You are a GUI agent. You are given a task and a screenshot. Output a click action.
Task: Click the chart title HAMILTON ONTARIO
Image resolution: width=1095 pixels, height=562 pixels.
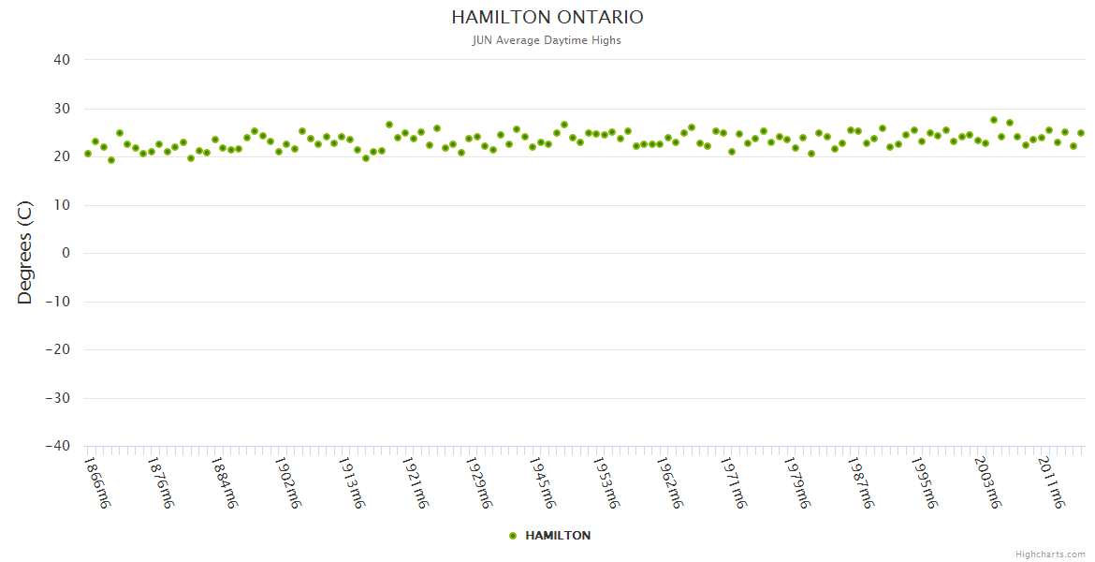point(547,18)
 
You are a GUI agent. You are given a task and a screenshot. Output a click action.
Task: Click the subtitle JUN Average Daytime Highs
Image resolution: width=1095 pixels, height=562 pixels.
point(547,40)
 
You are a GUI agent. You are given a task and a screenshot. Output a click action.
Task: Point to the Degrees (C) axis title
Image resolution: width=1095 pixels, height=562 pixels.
point(25,253)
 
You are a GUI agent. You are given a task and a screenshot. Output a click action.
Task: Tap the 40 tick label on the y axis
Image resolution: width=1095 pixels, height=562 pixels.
point(62,60)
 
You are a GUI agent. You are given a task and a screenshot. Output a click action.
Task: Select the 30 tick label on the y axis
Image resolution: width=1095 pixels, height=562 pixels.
point(62,109)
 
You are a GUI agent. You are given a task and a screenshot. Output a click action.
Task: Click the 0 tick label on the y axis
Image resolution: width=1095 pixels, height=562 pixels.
point(66,253)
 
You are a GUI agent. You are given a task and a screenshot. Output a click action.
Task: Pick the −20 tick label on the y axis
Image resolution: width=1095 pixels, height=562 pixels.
point(58,349)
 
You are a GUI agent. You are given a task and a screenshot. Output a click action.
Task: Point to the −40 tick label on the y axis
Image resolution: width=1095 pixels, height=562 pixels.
point(58,446)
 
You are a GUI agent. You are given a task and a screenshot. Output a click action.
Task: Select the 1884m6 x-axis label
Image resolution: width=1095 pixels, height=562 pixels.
point(224,482)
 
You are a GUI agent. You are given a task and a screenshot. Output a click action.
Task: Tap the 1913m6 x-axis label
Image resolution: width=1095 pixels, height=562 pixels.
point(351,482)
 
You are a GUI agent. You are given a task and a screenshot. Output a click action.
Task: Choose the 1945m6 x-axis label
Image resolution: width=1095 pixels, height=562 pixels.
point(542,482)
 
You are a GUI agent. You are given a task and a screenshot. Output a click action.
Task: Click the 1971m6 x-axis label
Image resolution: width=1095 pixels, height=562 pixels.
point(733,482)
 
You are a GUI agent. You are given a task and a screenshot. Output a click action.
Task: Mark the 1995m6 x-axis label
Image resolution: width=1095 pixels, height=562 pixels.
point(924,482)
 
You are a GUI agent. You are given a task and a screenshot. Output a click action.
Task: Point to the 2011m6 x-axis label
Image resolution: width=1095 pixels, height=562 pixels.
point(1051,482)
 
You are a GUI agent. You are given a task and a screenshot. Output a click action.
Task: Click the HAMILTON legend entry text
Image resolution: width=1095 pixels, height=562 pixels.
point(558,536)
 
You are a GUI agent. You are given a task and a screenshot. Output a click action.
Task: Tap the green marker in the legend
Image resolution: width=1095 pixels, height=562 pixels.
point(513,536)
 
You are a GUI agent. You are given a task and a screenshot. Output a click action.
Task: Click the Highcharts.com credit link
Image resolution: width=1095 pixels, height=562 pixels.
point(1050,555)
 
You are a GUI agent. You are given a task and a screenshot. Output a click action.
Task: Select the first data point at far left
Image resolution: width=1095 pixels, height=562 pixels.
point(88,154)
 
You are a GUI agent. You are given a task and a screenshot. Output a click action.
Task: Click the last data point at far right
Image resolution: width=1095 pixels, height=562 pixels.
point(1081,133)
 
